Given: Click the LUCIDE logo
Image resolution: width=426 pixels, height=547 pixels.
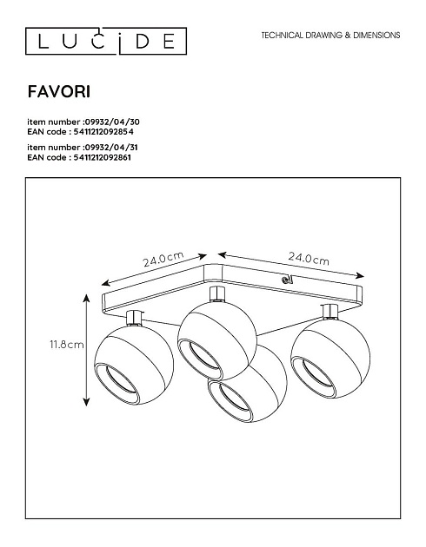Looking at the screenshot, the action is coord(106,41).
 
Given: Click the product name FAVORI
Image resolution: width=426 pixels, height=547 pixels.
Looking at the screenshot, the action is coord(59,92).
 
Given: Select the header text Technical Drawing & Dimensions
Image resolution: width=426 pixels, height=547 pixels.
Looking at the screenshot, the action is coord(330,36).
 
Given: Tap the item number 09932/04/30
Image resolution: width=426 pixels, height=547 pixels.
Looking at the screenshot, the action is coord(112,122).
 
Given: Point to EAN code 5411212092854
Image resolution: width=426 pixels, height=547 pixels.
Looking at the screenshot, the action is coord(103,131).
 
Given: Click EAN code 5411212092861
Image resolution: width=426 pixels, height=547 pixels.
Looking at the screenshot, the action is coord(103,157).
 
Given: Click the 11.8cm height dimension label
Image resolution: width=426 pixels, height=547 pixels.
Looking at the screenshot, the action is coord(67,345).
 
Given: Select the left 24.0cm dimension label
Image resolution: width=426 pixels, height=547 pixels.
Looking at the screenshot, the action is coord(163,259).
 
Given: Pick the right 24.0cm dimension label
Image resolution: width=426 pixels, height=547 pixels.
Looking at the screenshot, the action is coord(309,259).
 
